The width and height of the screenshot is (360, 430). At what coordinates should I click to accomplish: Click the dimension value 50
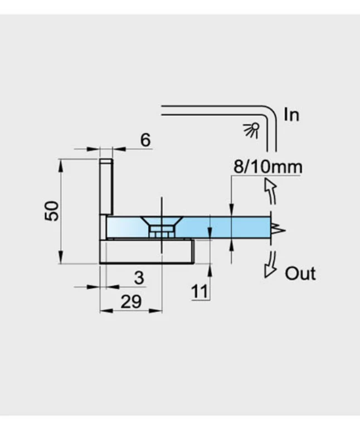(x=52, y=211)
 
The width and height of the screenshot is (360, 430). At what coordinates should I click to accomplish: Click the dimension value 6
(x=145, y=140)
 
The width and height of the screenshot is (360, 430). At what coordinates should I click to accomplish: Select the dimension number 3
(x=139, y=278)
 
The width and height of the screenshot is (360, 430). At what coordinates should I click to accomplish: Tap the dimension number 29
(x=131, y=302)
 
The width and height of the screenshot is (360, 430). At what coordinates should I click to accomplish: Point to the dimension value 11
(x=200, y=291)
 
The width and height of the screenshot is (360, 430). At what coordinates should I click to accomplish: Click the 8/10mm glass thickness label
(x=268, y=167)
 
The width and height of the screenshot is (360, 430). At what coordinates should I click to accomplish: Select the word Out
(x=300, y=273)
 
